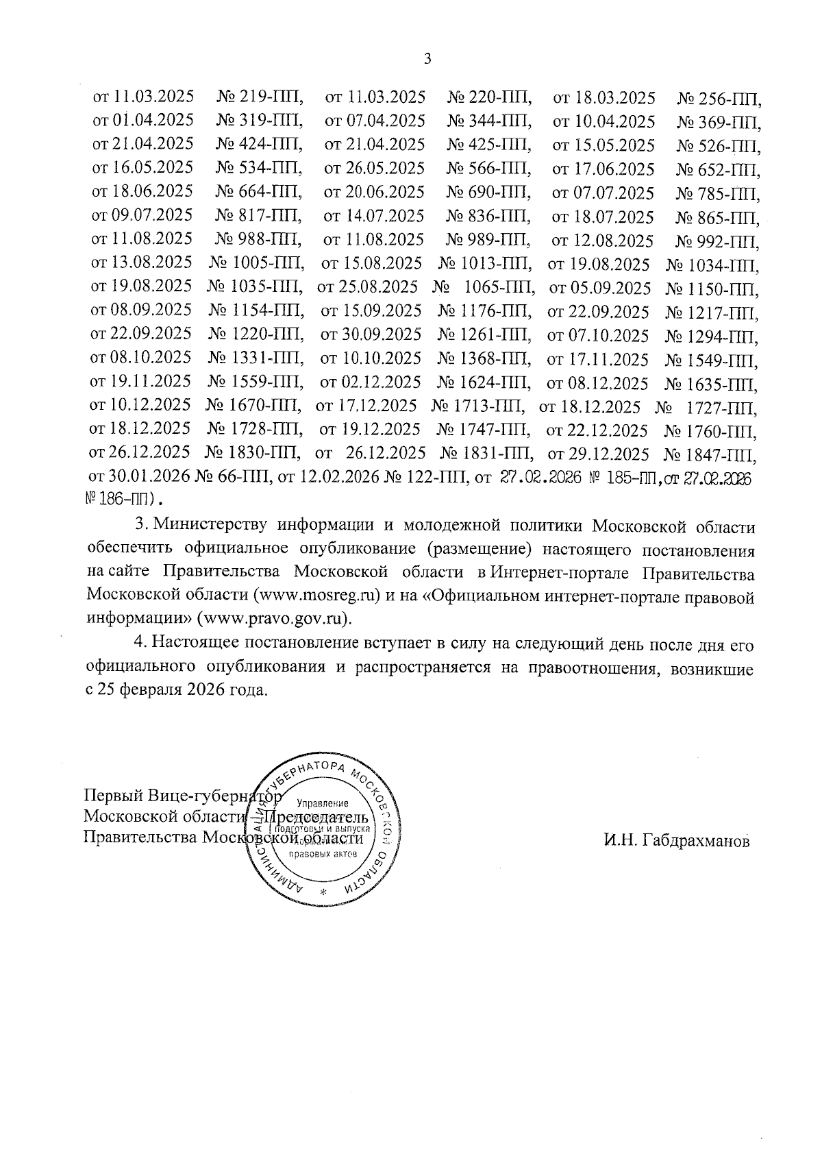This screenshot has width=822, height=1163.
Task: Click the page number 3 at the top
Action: [427, 59]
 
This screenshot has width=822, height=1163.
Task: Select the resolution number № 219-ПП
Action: [260, 97]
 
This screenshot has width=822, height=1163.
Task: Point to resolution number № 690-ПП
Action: [489, 192]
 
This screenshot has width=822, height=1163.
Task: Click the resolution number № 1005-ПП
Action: [256, 264]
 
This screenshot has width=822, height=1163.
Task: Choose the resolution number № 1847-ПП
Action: [710, 454]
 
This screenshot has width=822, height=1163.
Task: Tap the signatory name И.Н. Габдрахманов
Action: [676, 840]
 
